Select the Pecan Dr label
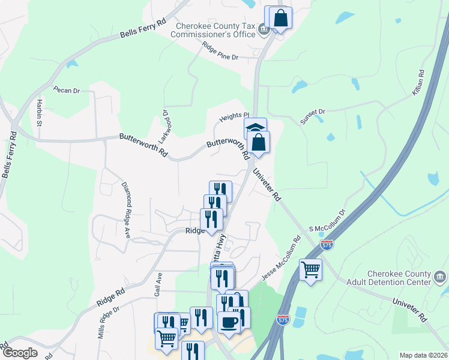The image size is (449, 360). click(x=66, y=91)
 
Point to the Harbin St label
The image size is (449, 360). click(x=38, y=112)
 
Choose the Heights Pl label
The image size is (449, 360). click(x=234, y=115)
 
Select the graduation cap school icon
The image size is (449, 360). click(x=255, y=127)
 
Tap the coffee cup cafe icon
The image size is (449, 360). click(x=229, y=322)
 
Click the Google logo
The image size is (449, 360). click(x=20, y=353)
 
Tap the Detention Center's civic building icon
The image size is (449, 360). click(x=440, y=278)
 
